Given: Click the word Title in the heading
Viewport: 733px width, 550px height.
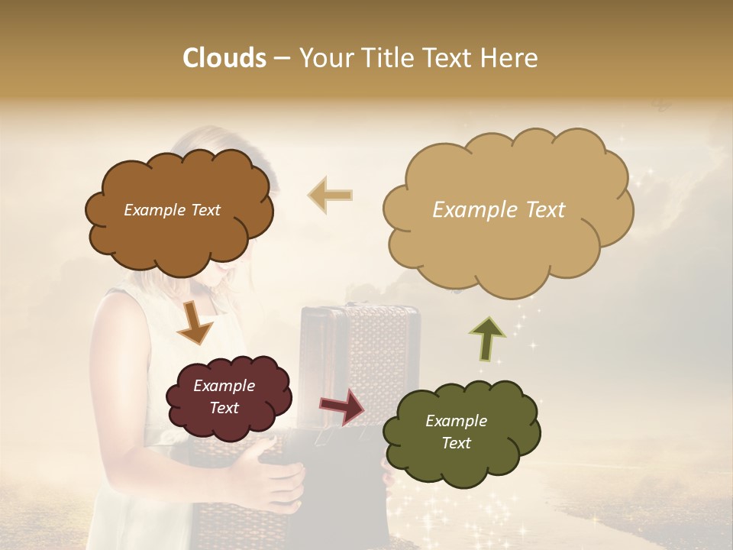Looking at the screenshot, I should pos(381,58).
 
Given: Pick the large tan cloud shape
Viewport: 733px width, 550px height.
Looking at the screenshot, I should pos(508,252).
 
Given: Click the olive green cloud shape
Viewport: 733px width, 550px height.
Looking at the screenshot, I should pos(461,458).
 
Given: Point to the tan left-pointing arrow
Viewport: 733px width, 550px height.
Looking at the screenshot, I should pos(331,196).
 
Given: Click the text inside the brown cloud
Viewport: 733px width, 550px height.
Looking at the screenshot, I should pos(172,210).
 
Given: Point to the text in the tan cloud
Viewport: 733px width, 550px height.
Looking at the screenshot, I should pos(499,210).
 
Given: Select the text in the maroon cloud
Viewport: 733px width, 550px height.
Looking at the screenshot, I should pos(224,396).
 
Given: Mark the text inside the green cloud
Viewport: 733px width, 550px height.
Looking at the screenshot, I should pos(456,432).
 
